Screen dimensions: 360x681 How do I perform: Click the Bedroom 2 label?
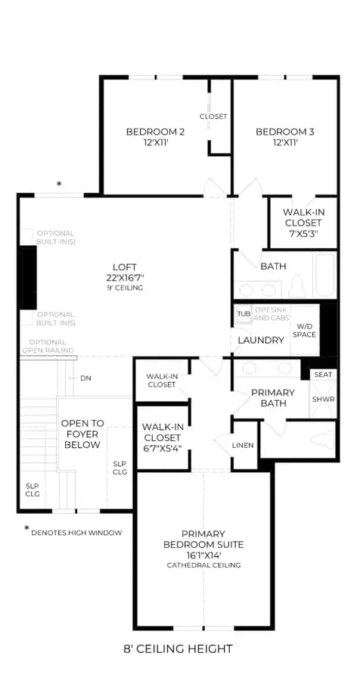(155, 132)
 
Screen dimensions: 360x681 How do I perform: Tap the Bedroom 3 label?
(285, 132)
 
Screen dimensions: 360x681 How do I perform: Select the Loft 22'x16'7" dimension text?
(125, 278)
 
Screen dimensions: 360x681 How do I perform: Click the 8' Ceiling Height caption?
(178, 649)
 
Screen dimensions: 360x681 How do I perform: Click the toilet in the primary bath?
(322, 439)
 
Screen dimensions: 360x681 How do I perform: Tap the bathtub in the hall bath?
(325, 275)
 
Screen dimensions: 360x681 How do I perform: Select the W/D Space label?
(304, 330)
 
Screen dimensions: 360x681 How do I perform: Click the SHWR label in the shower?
(324, 399)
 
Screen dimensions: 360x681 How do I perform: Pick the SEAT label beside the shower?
(323, 375)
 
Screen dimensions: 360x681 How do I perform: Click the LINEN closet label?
(243, 445)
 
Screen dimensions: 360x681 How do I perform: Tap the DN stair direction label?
(85, 378)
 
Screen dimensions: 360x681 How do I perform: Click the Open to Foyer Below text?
(82, 434)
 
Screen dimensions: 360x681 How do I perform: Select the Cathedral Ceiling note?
(203, 565)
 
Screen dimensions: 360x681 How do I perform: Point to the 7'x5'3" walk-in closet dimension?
(303, 233)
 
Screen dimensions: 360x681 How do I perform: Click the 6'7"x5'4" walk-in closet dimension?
(163, 447)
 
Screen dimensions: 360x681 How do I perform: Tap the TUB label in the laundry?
(244, 313)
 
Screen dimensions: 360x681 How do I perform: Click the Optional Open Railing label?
(48, 346)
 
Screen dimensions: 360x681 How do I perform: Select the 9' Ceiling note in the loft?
(125, 288)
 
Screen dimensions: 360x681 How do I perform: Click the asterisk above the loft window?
(59, 184)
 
